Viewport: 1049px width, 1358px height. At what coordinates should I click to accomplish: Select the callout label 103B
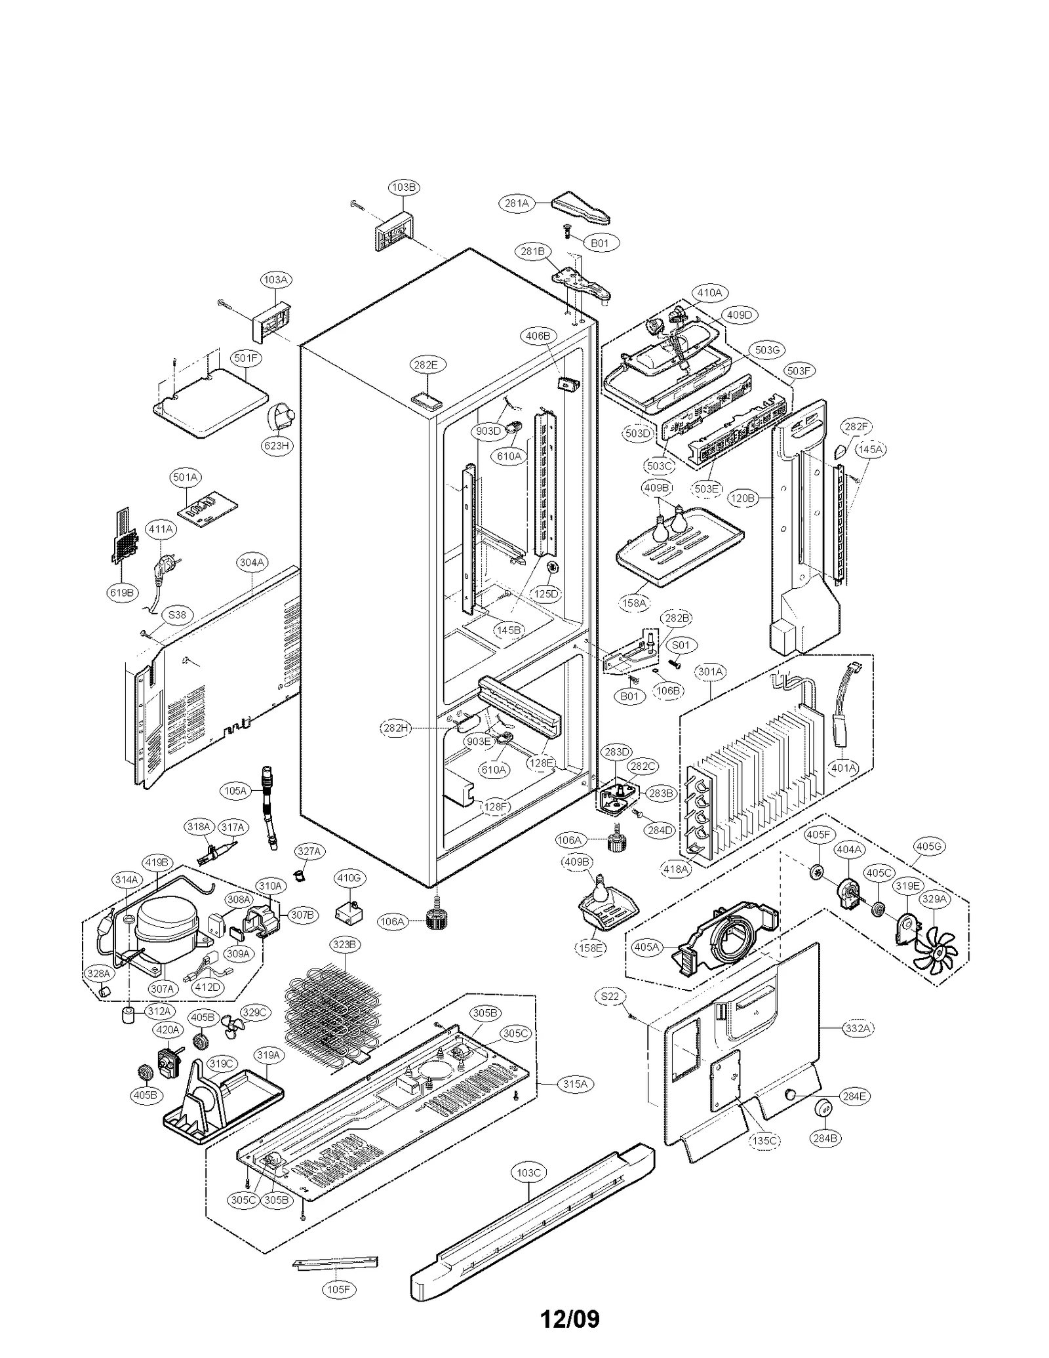point(404,187)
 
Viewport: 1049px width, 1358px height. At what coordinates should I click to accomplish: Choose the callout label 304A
point(252,562)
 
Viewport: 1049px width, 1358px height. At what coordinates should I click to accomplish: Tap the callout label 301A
point(711,671)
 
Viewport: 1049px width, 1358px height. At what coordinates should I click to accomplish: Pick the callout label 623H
point(276,446)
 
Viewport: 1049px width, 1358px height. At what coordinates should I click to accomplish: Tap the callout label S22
point(610,1014)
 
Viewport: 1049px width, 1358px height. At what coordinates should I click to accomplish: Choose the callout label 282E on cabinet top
point(426,365)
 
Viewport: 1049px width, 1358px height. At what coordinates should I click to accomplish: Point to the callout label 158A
point(634,603)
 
